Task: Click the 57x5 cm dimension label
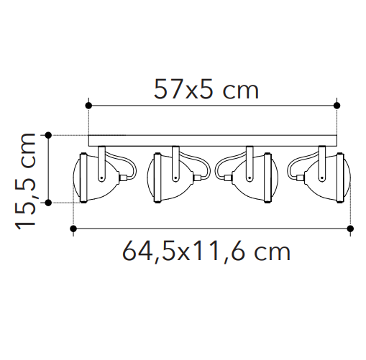[206, 89]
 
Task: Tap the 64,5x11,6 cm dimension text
[206, 251]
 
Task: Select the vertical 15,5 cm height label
[25, 181]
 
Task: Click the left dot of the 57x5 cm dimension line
[88, 106]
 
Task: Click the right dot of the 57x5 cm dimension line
[337, 106]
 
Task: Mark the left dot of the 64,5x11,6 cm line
[73, 229]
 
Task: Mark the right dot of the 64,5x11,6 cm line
[350, 229]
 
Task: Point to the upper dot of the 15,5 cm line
[48, 135]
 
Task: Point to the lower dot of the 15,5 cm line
[48, 203]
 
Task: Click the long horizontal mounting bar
[213, 141]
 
